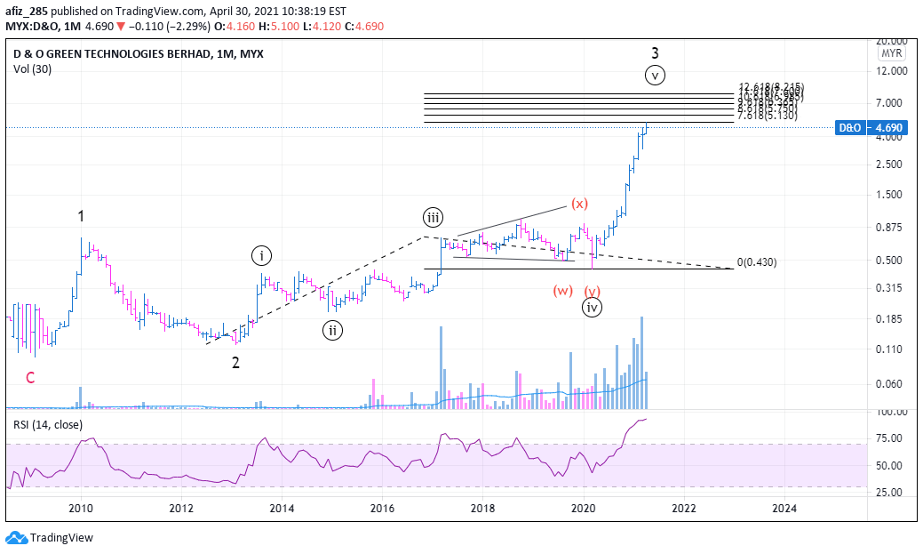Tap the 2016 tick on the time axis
(382, 508)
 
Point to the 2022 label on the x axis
(683, 508)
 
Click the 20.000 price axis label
(889, 41)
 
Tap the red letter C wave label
(30, 378)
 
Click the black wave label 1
(81, 216)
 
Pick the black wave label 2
(235, 362)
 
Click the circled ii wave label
(331, 331)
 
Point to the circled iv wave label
(593, 308)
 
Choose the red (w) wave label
(562, 291)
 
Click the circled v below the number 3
(655, 76)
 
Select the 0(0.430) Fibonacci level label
(757, 263)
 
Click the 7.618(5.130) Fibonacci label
(768, 116)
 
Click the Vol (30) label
(33, 69)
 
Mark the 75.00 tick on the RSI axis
(889, 438)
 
